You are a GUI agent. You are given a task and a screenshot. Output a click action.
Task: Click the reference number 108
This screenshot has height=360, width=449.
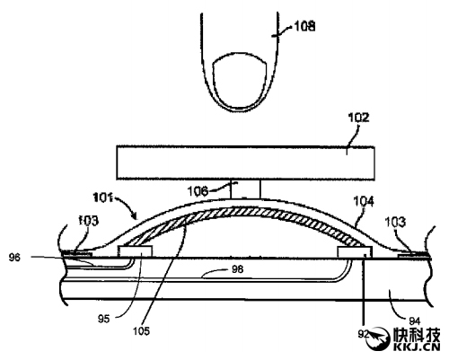pyautogui.click(x=304, y=26)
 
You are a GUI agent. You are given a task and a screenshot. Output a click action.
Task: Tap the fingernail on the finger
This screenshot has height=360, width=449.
pyautogui.click(x=239, y=80)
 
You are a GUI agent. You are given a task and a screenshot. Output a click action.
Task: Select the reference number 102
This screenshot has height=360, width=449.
pyautogui.click(x=358, y=118)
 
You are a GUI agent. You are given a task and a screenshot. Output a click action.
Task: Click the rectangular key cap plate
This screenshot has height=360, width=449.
pyautogui.click(x=245, y=162)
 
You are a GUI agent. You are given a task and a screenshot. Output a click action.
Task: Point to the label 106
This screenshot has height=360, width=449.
pyautogui.click(x=198, y=191)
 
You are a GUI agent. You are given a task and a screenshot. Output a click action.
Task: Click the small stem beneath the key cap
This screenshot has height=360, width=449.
pyautogui.click(x=245, y=189)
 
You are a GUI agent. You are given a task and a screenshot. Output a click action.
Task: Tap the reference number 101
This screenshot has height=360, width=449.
pyautogui.click(x=102, y=198)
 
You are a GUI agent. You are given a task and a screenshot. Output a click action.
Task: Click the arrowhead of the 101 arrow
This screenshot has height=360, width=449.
pyautogui.click(x=134, y=215)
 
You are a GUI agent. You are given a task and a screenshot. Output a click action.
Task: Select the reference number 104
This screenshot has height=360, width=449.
pyautogui.click(x=364, y=201)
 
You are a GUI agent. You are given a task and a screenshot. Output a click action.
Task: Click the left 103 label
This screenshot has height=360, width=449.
pyautogui.click(x=88, y=221)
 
